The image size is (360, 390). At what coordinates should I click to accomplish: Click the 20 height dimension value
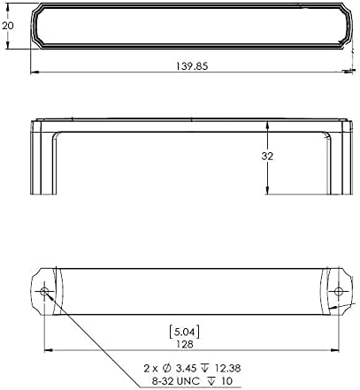point(8,26)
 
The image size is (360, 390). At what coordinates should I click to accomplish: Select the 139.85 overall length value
point(192,66)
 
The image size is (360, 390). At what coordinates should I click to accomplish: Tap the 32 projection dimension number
point(267,157)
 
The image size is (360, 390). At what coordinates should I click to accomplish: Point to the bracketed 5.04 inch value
point(185,333)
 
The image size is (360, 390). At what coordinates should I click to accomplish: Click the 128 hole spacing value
point(185,344)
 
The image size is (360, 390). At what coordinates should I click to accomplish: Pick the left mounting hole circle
point(44,292)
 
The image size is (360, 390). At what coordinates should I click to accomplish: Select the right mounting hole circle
point(339,292)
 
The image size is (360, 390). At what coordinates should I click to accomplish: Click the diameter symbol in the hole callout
point(167,368)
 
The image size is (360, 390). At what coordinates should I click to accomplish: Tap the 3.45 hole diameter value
point(187,368)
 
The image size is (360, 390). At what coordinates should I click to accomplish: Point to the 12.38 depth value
point(227,368)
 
